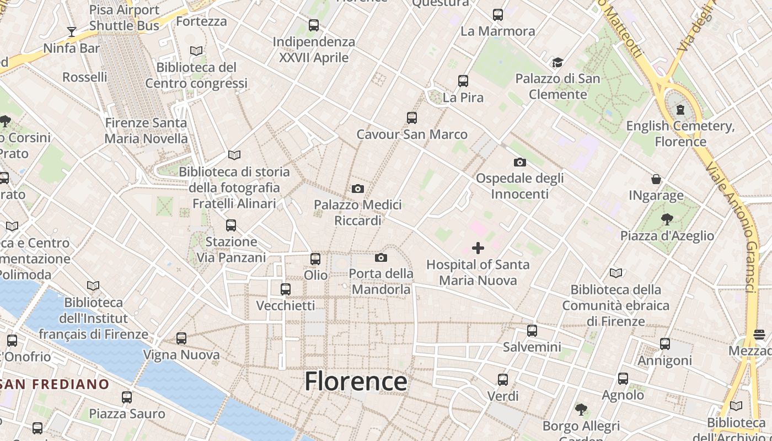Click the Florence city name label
(x=356, y=381)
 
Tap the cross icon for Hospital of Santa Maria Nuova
(x=478, y=248)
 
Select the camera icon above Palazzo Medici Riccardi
(x=358, y=189)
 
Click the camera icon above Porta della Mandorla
(x=380, y=257)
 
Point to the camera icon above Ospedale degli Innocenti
(x=519, y=162)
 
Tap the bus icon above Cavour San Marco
(x=412, y=117)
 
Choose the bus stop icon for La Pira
(x=463, y=81)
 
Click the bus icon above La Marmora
(x=498, y=15)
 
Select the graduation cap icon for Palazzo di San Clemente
(x=558, y=62)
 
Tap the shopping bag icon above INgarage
(x=656, y=179)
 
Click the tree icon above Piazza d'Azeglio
(x=667, y=219)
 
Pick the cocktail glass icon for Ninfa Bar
(x=71, y=31)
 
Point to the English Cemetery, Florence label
(x=680, y=134)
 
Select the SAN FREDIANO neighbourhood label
(x=55, y=384)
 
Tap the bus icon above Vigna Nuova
(x=181, y=338)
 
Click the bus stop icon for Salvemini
(x=532, y=331)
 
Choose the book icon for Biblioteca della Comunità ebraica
(x=616, y=273)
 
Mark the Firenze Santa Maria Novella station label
(x=146, y=131)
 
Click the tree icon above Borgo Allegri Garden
(x=581, y=409)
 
